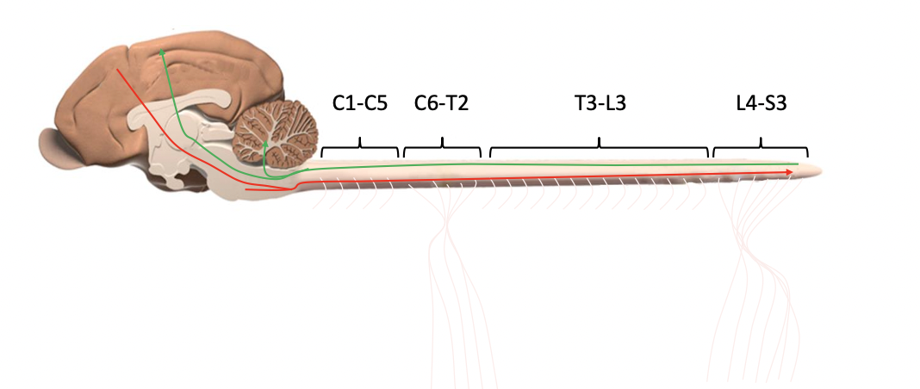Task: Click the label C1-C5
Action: tap(360, 104)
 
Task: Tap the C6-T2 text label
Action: tap(441, 104)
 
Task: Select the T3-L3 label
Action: tap(600, 104)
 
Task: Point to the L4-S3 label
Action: tap(761, 104)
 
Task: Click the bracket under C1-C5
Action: tap(360, 148)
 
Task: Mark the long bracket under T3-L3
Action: tap(600, 148)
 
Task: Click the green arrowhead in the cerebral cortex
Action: tap(161, 54)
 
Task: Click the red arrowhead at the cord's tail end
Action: tap(789, 172)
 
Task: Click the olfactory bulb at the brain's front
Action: tap(59, 145)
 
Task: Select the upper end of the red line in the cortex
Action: tap(118, 68)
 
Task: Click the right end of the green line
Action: tap(797, 163)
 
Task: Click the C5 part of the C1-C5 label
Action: tap(376, 104)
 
